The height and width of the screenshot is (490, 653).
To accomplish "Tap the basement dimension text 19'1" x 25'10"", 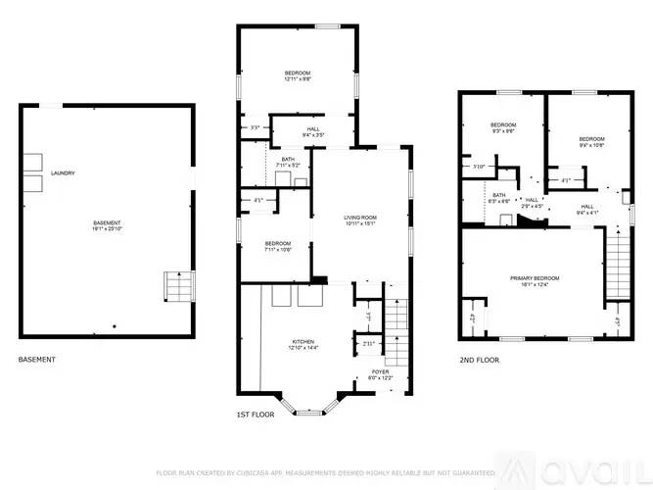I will click(107, 229).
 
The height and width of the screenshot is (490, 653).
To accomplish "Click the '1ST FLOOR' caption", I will click(255, 415).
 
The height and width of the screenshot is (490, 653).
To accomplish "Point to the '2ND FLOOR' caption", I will click(479, 360).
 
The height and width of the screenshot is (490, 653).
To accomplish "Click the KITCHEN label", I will click(303, 341).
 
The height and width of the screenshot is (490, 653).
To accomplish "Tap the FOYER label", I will click(379, 372).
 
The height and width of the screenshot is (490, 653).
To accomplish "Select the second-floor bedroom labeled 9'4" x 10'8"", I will click(591, 138).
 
